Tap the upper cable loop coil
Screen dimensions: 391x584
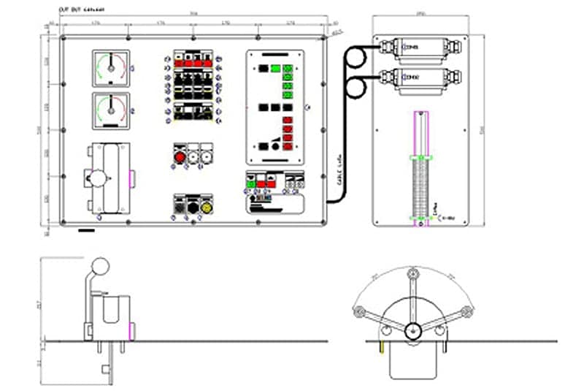[359, 56]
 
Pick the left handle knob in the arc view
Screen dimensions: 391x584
[358, 313]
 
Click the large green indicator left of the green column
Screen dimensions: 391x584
[275, 68]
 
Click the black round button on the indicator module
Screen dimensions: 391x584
[275, 147]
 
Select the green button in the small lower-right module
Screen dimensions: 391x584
[250, 185]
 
